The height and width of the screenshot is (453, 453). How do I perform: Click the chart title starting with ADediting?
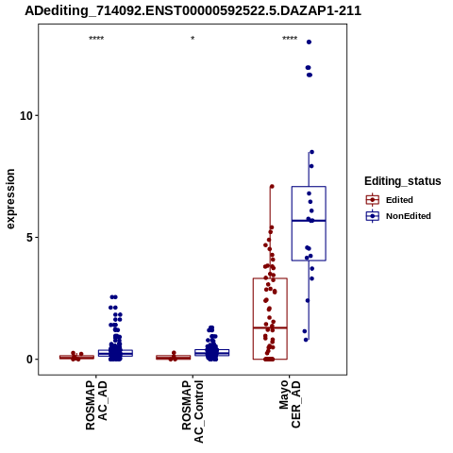point(193,11)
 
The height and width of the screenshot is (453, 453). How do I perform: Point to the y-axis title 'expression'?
point(10,199)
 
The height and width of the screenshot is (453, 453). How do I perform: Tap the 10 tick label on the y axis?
point(26,116)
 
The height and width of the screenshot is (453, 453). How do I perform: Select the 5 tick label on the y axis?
point(29,238)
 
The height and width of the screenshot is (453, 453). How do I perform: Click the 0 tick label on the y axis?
point(29,360)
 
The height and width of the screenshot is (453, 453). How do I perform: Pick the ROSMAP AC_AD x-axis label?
point(96,405)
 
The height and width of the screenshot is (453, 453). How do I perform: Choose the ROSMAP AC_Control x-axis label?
point(193,411)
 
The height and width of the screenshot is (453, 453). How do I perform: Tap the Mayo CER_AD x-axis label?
point(290,404)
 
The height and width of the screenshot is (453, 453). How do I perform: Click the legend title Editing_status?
point(403,181)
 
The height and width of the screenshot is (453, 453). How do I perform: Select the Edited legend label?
point(399,200)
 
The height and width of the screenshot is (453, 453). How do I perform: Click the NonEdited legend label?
point(409,216)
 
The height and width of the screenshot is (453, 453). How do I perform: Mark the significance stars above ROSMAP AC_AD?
point(96,39)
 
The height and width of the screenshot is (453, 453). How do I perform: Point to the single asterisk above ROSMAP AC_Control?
point(193,39)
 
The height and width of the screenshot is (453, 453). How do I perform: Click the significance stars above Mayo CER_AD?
point(290,39)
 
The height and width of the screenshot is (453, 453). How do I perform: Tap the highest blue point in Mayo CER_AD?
point(309,42)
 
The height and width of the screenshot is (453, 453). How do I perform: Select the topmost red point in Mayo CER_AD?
point(272,187)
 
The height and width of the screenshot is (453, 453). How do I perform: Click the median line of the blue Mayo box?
point(309,221)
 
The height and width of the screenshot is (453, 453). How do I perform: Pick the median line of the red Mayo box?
point(270,327)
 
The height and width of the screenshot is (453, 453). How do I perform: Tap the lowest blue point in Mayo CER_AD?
point(306,340)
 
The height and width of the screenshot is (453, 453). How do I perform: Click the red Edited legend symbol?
point(373,200)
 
